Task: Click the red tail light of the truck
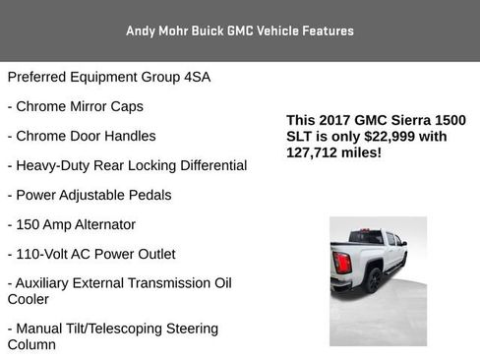pos(342,263)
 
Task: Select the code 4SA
pos(196,77)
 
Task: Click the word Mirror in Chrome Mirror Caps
pos(89,106)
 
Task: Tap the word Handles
pos(129,136)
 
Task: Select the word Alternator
pos(101,224)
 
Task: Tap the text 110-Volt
pos(48,254)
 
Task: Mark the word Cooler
pos(30,300)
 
